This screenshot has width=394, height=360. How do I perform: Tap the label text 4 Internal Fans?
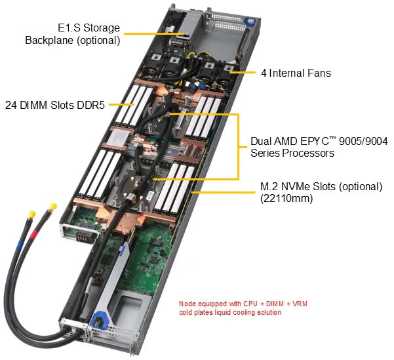[x=296, y=73]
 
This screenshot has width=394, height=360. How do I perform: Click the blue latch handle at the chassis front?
[x=101, y=321]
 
